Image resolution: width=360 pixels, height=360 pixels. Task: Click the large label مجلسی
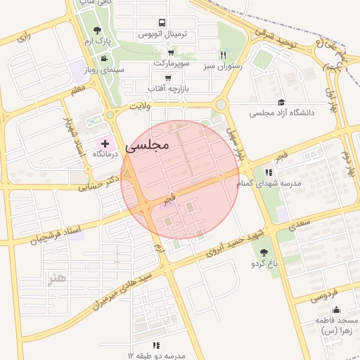coord(148,145)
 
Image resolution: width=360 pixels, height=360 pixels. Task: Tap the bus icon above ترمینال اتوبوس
coord(162,23)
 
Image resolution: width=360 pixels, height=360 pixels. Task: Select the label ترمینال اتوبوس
coord(161,34)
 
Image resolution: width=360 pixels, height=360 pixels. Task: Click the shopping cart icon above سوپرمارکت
coord(171,53)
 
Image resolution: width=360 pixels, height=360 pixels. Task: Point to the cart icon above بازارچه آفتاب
coord(168,78)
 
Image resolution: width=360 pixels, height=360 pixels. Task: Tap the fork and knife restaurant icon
coord(223,55)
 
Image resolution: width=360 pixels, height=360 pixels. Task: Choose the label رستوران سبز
coord(223,66)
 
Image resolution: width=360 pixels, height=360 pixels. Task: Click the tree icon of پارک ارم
coord(97,31)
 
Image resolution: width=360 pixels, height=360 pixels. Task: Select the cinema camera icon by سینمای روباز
coord(104,58)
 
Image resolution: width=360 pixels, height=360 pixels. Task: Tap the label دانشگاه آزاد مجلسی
coord(282,112)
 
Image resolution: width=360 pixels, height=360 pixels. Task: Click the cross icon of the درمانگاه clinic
coord(105,143)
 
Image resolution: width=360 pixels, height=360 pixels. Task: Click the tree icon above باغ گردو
coord(264,252)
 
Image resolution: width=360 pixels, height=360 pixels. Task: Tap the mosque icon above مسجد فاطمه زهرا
coord(336,309)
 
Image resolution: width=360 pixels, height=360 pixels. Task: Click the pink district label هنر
coord(56,279)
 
